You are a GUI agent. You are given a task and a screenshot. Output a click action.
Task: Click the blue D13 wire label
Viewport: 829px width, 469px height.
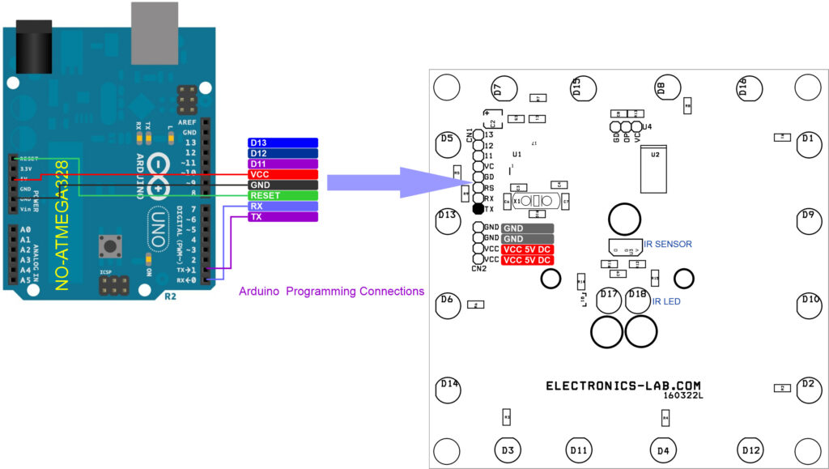tap(283, 143)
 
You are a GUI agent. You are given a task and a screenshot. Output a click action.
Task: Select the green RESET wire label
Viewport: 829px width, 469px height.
tap(283, 195)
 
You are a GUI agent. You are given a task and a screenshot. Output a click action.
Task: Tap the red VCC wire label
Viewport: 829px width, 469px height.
tap(283, 174)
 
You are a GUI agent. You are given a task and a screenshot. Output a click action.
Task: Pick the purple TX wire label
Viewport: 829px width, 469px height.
tap(283, 217)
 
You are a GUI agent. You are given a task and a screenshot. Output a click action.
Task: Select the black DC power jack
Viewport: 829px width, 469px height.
tap(35, 49)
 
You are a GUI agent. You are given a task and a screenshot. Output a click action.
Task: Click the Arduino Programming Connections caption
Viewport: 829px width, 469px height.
tap(331, 291)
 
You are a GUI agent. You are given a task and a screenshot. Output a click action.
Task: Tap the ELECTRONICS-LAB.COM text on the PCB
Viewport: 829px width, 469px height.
tap(623, 386)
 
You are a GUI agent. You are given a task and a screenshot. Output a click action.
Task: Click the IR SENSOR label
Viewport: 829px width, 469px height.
tap(667, 243)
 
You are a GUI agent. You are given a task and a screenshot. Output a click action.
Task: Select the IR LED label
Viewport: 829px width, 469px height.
tap(667, 301)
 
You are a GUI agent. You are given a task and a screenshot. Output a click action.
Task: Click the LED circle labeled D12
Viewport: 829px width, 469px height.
tap(750, 449)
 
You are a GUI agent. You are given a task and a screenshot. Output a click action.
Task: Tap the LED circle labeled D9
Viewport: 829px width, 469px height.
tap(806, 220)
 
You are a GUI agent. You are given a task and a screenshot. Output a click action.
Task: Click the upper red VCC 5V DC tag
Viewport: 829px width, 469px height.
tap(527, 249)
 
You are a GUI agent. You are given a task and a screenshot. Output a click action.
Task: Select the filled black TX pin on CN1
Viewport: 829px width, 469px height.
tap(478, 210)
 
